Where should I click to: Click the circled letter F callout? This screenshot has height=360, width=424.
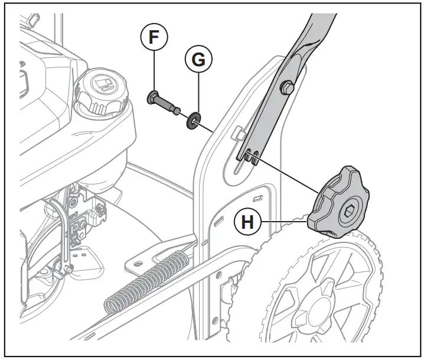click(154, 37)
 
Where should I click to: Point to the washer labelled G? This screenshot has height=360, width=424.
click(193, 121)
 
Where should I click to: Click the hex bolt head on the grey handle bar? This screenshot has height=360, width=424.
click(286, 87)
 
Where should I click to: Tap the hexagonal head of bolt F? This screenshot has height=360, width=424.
click(152, 96)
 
